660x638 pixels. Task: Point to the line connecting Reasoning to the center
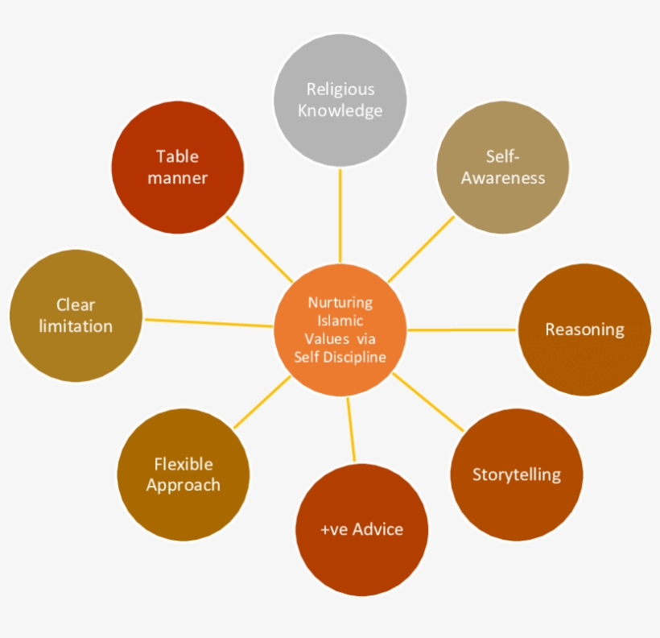[463, 329]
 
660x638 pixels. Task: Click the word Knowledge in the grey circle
[340, 110]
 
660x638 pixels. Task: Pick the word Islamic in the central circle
[340, 321]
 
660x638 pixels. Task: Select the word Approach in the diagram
[184, 485]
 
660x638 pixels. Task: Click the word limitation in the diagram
[76, 326]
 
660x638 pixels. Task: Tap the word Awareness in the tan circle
[503, 178]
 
